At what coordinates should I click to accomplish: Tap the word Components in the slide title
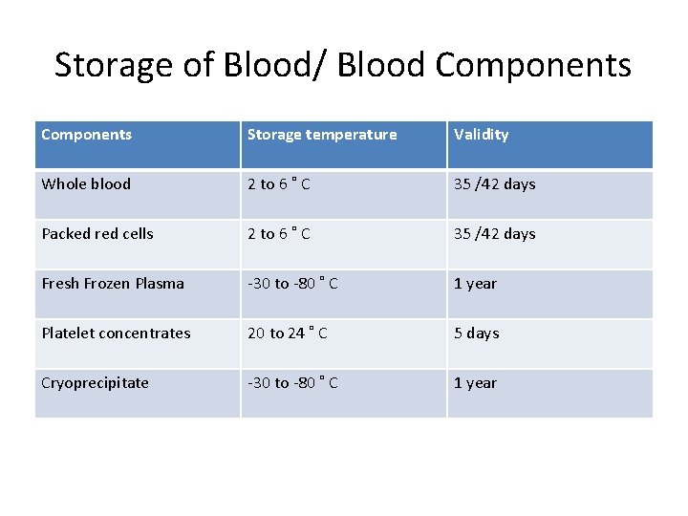click(533, 65)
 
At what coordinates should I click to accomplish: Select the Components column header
click(87, 135)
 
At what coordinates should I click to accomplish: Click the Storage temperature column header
click(322, 135)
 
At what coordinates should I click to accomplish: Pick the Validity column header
click(482, 135)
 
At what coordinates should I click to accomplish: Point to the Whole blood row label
click(87, 184)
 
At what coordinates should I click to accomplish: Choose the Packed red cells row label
click(97, 234)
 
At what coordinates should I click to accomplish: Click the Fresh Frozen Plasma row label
click(113, 284)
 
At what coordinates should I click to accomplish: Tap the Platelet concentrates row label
click(116, 333)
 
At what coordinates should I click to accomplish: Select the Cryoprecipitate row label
click(96, 383)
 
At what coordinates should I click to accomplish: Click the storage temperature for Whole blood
click(278, 184)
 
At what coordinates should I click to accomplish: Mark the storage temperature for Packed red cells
click(278, 234)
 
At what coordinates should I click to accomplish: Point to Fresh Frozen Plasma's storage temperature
click(292, 284)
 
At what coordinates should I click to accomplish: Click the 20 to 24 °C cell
click(288, 333)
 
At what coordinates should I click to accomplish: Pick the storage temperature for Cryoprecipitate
click(292, 383)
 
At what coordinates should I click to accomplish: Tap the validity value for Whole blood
click(495, 184)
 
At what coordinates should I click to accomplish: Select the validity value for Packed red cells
click(495, 234)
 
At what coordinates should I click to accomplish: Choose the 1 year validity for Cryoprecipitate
click(476, 383)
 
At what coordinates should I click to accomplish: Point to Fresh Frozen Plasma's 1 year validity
click(476, 284)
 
